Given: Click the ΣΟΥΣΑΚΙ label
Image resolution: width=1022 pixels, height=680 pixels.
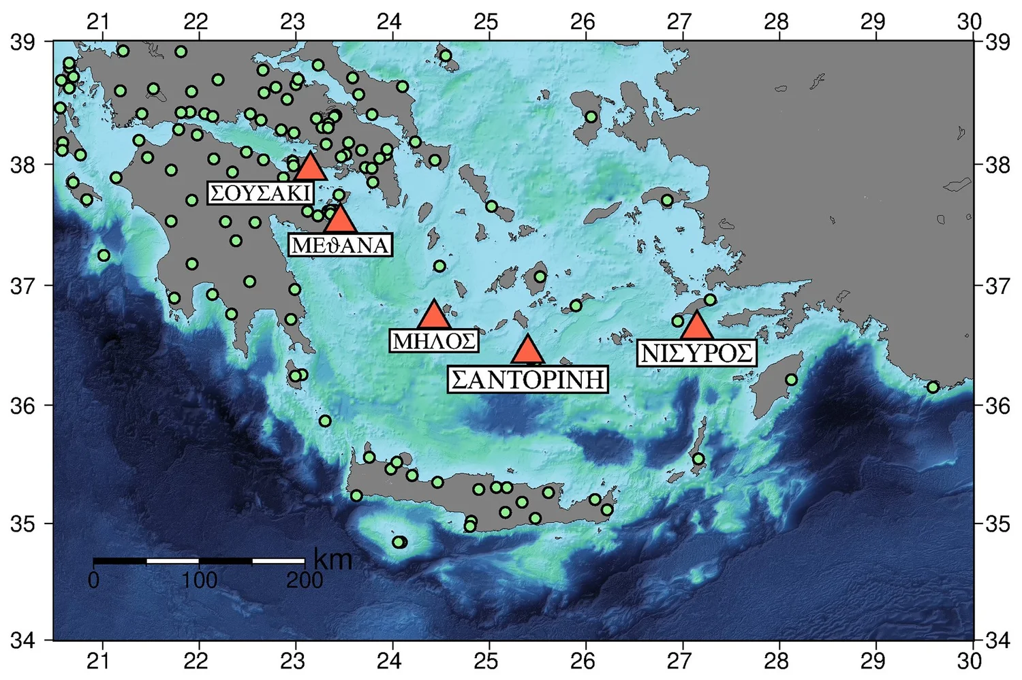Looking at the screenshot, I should pos(260,193).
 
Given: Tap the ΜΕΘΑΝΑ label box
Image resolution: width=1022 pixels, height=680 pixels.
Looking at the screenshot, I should pos(340,245).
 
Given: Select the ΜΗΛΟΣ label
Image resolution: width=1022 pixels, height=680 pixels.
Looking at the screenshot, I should pos(434,340).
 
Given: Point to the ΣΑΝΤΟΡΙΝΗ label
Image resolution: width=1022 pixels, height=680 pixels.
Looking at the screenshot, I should pos(528,379).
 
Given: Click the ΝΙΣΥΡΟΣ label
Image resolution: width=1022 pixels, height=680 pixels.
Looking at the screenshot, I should pos(697,353).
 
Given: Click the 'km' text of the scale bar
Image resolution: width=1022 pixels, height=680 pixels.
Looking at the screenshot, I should pos(333,560).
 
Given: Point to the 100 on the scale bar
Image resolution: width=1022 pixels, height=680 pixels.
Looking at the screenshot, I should pos(199,581).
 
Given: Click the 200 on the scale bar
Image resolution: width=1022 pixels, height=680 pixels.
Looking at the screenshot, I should pos(305,581).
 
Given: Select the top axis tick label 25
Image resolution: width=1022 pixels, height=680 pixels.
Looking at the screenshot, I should pos(486,21).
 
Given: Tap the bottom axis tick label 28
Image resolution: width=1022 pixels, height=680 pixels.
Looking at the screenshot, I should pos(776,661).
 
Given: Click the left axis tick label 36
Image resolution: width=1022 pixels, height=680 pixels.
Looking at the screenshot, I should pos(22,406).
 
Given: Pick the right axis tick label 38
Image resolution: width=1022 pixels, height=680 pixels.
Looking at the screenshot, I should pos(999,165).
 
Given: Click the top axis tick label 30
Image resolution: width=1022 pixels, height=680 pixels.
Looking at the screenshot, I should pos(969,21).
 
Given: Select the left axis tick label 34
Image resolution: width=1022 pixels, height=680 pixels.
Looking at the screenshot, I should pos(22,641).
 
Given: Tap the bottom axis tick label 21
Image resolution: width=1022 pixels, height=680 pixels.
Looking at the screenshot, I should pos(99,661).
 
